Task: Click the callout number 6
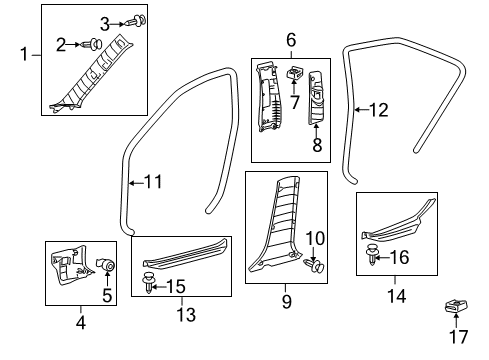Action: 291,40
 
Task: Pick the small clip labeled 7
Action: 295,75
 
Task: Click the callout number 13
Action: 182,315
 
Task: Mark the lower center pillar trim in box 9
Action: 280,225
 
